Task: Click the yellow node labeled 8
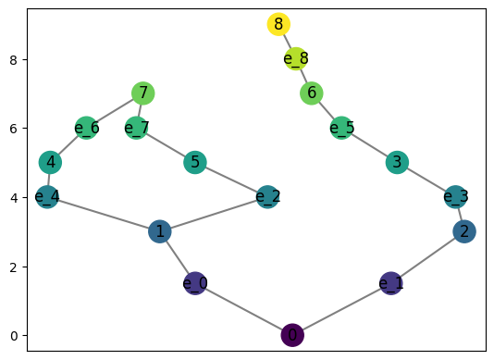[x=278, y=24]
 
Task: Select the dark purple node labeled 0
[x=292, y=335]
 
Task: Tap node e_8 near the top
[x=295, y=59]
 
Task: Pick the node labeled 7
[x=142, y=93]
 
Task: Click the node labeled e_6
[x=87, y=128]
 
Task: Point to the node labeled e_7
[x=136, y=128]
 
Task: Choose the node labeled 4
[x=51, y=163]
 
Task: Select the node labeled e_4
[x=47, y=197]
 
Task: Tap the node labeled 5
[x=194, y=163]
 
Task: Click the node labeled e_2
[x=267, y=196]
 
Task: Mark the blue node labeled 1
[x=160, y=231]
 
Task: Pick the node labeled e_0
[x=195, y=283]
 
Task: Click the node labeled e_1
[x=391, y=283]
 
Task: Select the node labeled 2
[x=464, y=231]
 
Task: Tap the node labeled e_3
[x=455, y=196]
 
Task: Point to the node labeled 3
[x=397, y=163]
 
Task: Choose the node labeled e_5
[x=341, y=128]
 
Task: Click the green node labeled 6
[x=312, y=93]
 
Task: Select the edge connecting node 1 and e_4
[x=104, y=214]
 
